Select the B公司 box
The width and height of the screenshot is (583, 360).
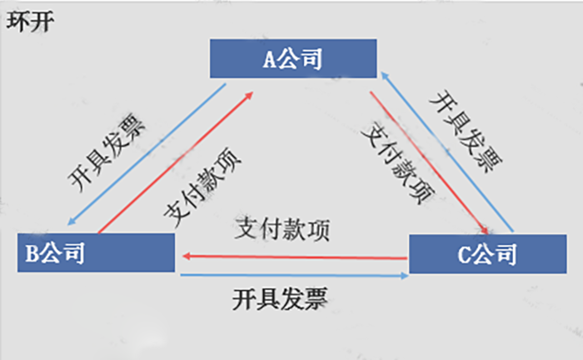click(x=96, y=252)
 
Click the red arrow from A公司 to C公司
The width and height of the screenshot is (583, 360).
click(x=429, y=158)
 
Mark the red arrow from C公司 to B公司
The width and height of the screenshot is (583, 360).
click(x=291, y=257)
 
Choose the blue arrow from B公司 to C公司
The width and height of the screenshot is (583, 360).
click(x=291, y=274)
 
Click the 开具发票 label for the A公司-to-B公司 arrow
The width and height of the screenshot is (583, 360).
click(x=108, y=150)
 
